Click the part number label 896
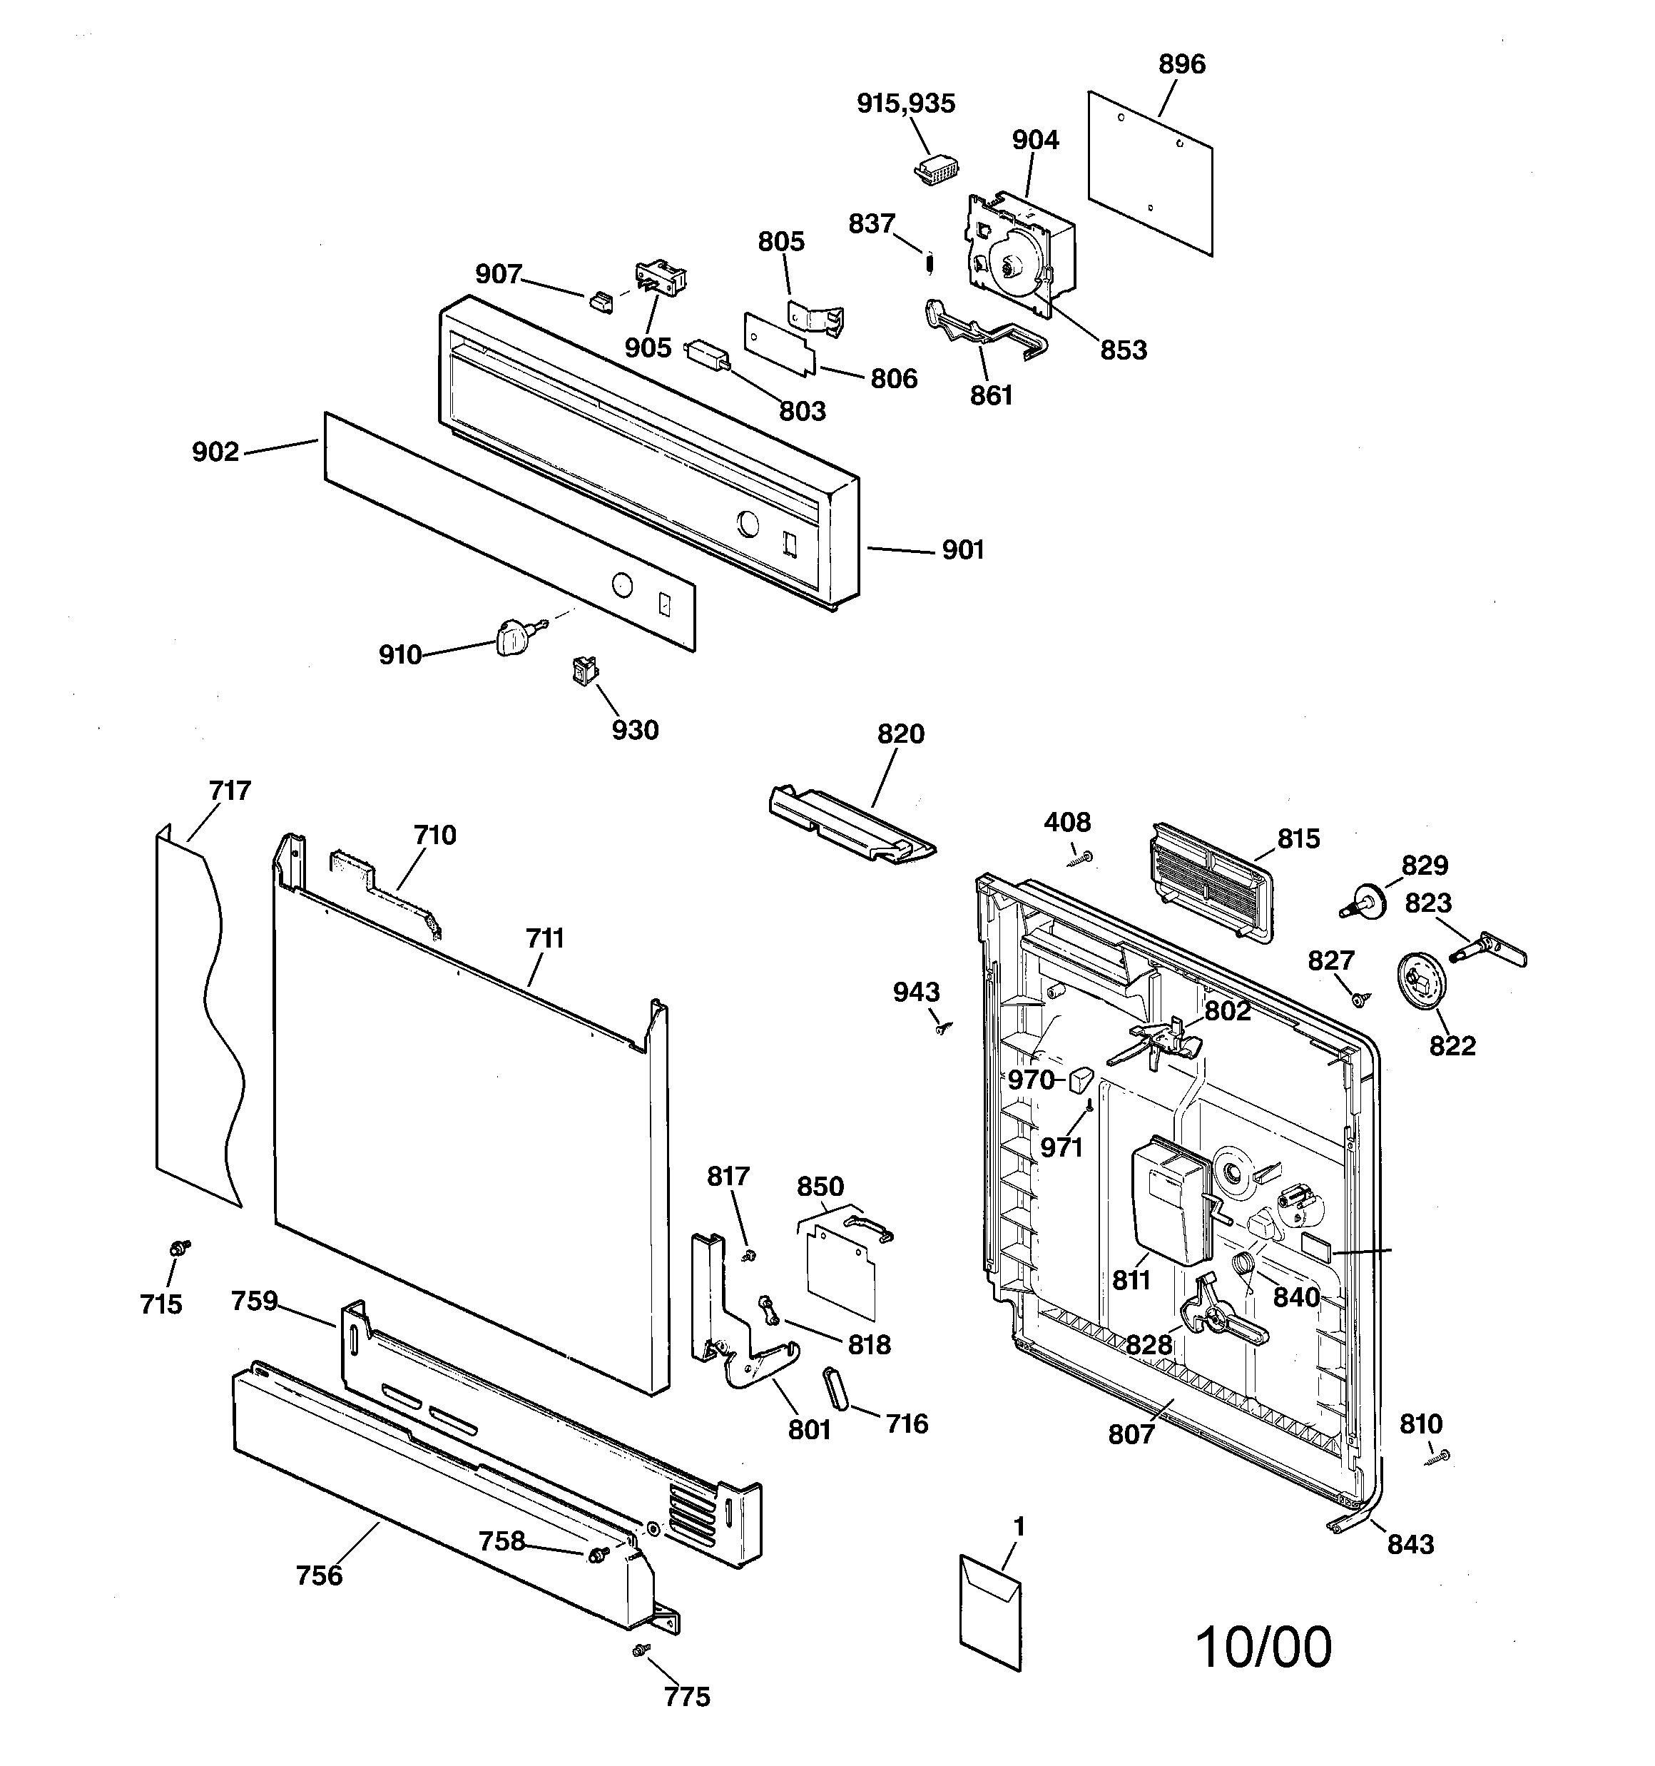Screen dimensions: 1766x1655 1181,64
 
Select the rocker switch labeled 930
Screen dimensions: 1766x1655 584,671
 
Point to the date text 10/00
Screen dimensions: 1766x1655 1263,1647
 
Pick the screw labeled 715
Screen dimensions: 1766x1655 180,1248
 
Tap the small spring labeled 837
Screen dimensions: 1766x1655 928,264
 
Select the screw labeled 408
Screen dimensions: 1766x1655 1083,857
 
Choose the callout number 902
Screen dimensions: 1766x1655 216,452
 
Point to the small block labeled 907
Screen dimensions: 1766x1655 601,302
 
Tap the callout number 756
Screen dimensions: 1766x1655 318,1575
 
